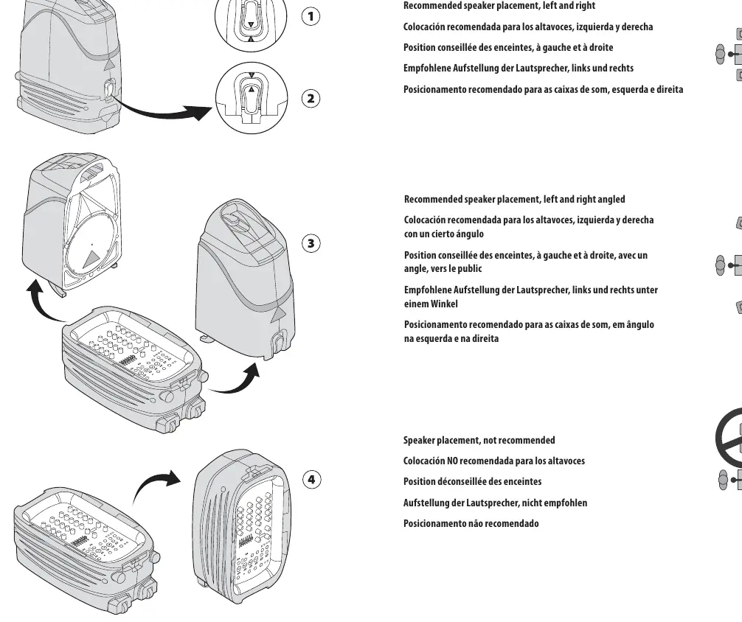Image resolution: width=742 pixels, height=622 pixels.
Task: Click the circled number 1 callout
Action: pos(311,16)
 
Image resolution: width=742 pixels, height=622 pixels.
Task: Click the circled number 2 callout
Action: pos(311,98)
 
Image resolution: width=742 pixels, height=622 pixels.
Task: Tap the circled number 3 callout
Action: pos(311,243)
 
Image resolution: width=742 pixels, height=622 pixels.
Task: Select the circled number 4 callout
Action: pos(311,479)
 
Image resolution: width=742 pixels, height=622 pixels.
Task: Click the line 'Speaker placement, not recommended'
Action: pos(479,441)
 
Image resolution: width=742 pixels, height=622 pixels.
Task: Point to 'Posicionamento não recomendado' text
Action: pos(471,523)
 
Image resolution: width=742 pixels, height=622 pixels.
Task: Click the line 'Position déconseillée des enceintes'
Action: pos(472,481)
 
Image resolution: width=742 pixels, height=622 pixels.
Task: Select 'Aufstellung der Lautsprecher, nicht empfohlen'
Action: pos(495,503)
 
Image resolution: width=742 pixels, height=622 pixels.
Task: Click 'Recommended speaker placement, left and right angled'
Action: pos(514,199)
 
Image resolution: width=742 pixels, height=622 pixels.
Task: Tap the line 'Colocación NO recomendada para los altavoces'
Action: pos(494,461)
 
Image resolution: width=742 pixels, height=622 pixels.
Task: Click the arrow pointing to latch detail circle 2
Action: pos(161,110)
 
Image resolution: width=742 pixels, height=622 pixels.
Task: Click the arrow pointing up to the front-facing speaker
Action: pos(45,303)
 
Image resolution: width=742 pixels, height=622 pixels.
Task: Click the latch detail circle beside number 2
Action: pos(252,97)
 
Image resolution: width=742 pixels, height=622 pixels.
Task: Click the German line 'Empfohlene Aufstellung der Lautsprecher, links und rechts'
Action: pos(519,68)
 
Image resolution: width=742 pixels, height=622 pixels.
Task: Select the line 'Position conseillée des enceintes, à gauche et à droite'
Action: pos(508,47)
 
